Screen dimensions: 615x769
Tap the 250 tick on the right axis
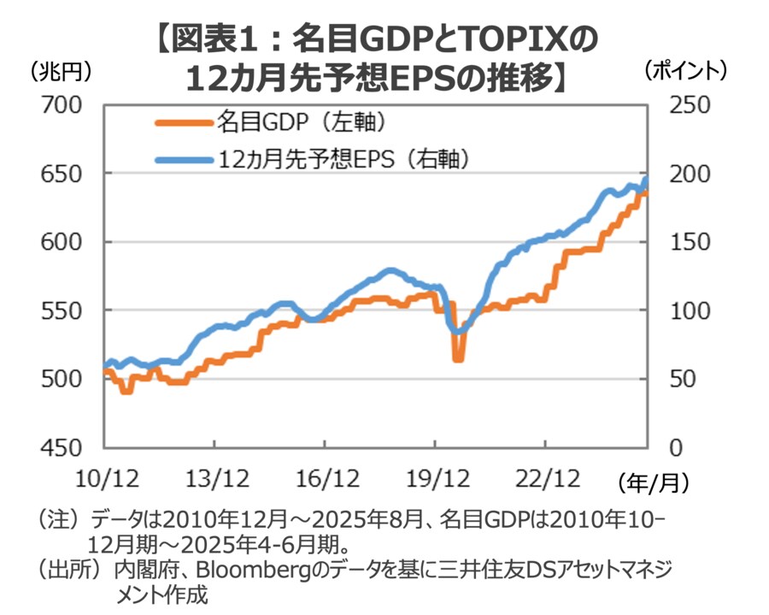point(682,106)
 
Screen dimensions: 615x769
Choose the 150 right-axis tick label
point(682,242)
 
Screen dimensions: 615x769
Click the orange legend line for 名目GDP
point(183,122)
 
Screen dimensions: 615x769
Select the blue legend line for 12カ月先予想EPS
point(183,159)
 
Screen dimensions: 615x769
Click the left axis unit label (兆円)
point(60,71)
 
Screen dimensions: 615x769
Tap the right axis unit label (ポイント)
point(684,71)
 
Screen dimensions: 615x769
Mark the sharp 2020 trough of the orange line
point(458,358)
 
